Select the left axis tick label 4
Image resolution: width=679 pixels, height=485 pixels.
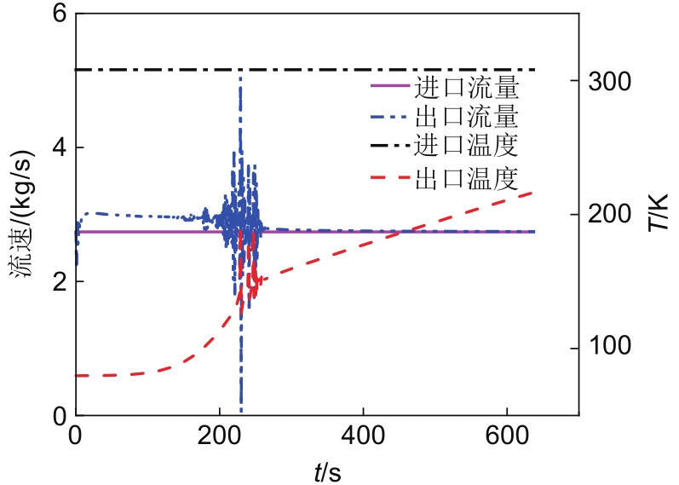point(60,147)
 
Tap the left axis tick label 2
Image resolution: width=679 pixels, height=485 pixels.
point(60,282)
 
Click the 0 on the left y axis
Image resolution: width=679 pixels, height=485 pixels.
point(60,416)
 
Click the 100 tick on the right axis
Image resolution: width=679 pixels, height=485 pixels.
point(611,348)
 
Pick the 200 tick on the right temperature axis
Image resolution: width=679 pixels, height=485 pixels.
point(611,214)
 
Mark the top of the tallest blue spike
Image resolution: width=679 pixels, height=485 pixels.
point(240,78)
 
